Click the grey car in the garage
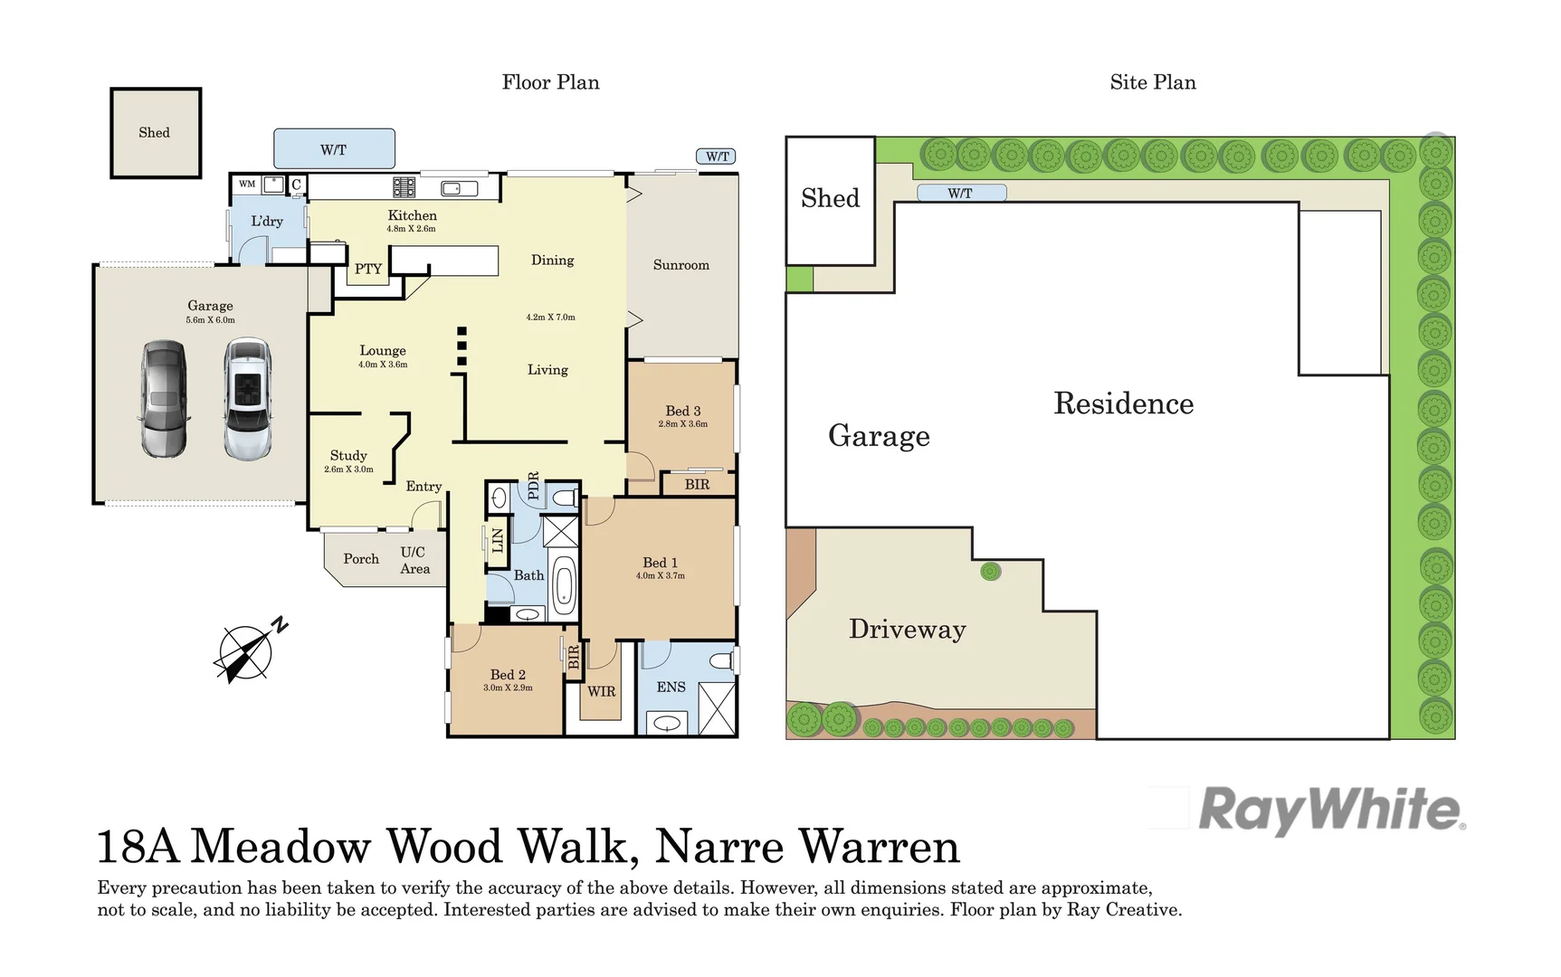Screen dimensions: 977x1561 tap(164, 398)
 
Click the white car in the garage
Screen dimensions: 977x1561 tap(247, 398)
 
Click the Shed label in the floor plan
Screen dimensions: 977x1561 tap(154, 132)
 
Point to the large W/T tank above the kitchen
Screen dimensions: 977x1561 tap(333, 149)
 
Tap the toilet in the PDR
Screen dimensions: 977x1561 tap(565, 497)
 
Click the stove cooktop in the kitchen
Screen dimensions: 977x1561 tap(404, 187)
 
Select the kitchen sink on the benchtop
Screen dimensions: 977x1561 tap(459, 188)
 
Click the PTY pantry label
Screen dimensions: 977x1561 tap(368, 269)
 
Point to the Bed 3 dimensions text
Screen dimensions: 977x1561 tap(683, 423)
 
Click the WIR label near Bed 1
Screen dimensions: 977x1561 tap(601, 691)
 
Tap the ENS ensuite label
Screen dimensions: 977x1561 tap(671, 687)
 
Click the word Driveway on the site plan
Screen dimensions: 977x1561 tap(907, 629)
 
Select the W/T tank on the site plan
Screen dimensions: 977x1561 tap(961, 193)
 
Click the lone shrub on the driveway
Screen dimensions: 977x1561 tap(991, 571)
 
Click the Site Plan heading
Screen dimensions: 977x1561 tap(1152, 82)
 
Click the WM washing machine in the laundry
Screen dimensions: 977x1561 tap(247, 184)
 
